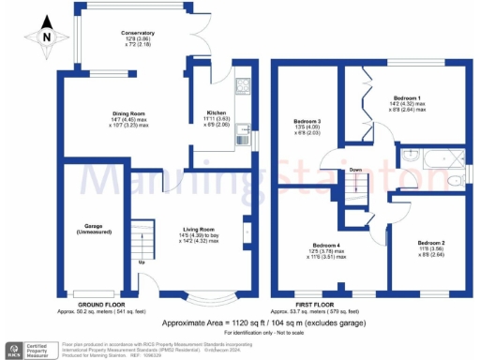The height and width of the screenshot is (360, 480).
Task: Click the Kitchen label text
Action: (217, 116)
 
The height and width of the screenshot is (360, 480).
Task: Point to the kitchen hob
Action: (243, 90)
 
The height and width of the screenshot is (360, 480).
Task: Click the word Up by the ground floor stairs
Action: (142, 262)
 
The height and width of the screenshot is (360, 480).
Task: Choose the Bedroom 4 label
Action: (329, 250)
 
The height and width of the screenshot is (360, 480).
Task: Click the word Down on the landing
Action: (356, 170)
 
